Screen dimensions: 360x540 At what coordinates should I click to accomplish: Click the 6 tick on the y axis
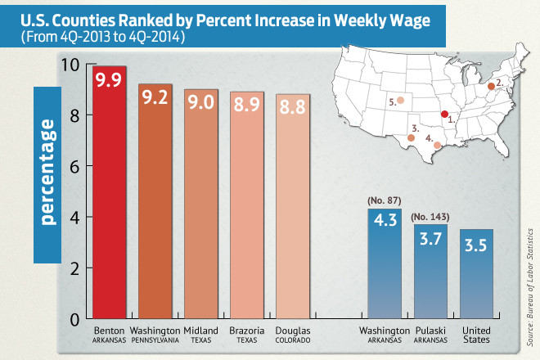74,167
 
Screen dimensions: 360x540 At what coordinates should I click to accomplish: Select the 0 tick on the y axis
74,318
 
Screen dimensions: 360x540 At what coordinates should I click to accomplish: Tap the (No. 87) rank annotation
385,200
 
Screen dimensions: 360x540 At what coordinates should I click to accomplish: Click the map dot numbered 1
444,115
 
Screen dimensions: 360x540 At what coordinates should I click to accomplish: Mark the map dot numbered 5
401,101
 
